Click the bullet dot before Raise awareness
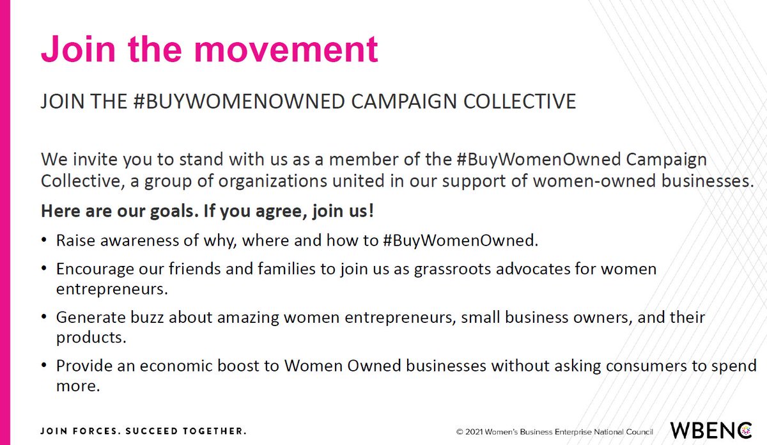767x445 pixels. click(x=43, y=241)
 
